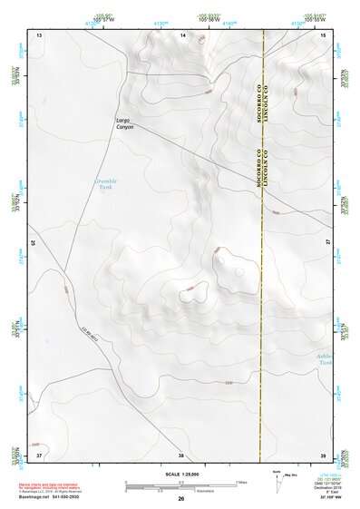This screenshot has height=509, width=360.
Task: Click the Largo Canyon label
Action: point(124,123)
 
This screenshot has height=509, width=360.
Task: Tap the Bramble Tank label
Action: point(105,184)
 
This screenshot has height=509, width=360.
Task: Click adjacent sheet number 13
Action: point(39,34)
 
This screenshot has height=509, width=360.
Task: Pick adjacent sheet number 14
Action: point(182,34)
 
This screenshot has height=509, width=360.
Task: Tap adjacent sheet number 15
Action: point(324,34)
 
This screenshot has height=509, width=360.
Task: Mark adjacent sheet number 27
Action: point(327,243)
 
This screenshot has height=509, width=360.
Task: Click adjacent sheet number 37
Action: point(39,453)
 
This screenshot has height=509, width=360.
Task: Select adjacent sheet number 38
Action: point(181,453)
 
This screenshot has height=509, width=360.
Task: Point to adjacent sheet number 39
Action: point(323,453)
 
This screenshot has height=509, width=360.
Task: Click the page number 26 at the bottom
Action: point(181,498)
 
